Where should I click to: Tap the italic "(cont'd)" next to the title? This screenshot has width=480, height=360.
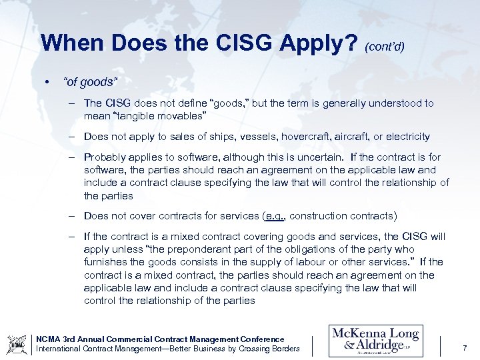[x=385, y=46]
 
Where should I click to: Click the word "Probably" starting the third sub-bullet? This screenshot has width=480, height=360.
[x=104, y=157]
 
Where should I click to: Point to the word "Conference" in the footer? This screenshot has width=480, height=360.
[x=259, y=339]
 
